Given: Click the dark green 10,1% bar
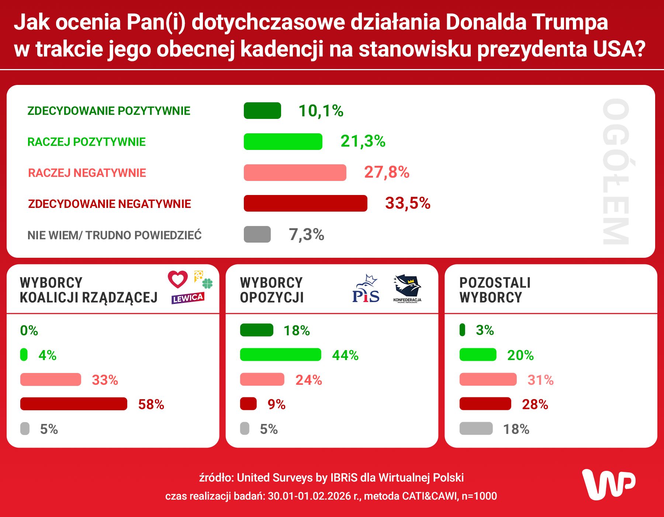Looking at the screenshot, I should click(x=262, y=110).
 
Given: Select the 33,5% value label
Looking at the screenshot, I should click(x=408, y=203).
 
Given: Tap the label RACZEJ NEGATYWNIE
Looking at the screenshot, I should click(x=87, y=172).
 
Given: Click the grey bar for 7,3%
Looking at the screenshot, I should click(x=257, y=234).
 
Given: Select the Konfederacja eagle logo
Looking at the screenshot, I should click(x=407, y=287).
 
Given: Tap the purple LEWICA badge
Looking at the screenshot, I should click(x=187, y=298).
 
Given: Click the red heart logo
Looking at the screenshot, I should click(x=178, y=279).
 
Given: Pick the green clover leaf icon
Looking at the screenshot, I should click(x=208, y=283).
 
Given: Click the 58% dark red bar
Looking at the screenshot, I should click(x=74, y=404).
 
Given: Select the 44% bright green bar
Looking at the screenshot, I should click(x=280, y=355).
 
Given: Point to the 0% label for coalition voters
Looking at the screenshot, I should click(x=29, y=330).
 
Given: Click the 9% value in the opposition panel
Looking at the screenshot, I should click(x=276, y=404).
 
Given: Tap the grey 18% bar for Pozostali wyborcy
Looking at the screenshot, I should click(x=476, y=428).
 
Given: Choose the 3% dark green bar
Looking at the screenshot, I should click(x=462, y=330).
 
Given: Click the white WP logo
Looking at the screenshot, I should click(x=609, y=484).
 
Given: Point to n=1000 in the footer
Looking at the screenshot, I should click(x=479, y=496).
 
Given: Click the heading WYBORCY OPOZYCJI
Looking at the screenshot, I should click(x=272, y=290).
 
